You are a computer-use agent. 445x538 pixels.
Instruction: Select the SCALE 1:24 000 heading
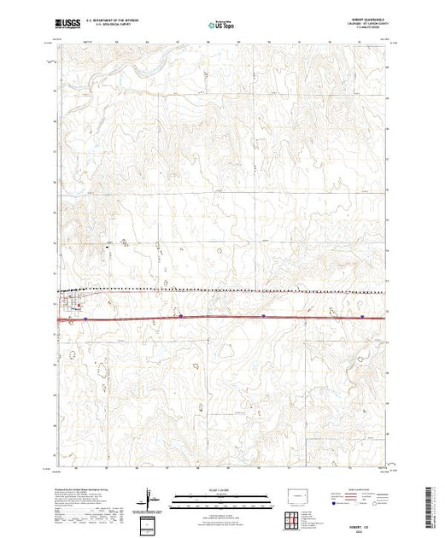click(x=221, y=490)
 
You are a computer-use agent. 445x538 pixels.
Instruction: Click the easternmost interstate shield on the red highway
click(x=363, y=315)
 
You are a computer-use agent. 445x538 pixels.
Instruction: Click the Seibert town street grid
click(x=68, y=303)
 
